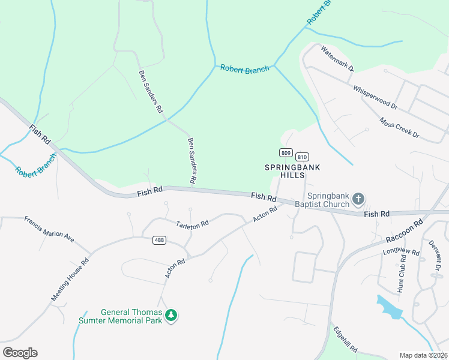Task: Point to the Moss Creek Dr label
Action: (399, 127)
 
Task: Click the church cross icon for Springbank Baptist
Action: (358, 199)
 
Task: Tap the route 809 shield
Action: (286, 152)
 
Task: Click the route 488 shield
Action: (159, 240)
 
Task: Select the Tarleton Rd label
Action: (192, 224)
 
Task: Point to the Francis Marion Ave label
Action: (49, 229)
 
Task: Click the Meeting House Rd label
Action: (70, 280)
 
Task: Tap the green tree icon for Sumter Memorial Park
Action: (171, 314)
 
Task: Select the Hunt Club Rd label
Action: (402, 273)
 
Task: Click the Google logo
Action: (20, 353)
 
